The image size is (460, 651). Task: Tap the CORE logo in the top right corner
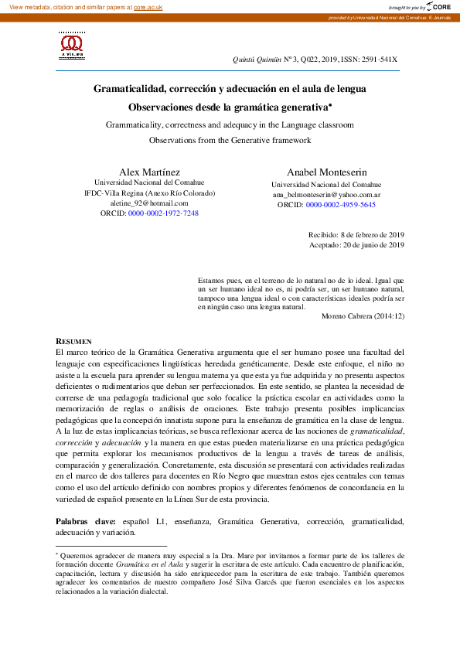(x=437, y=5)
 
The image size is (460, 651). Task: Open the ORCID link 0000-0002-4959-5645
(x=340, y=205)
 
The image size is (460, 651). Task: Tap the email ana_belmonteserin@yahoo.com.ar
(x=326, y=195)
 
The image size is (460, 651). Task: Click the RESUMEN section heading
(x=73, y=340)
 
